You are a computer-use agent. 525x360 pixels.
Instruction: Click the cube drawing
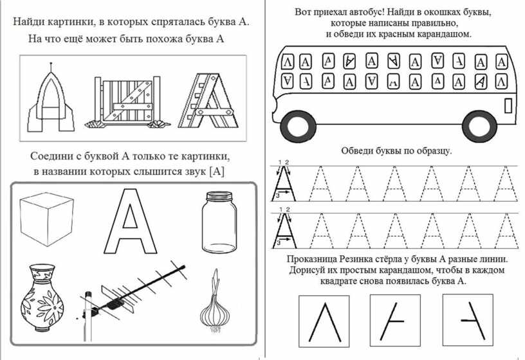[x=44, y=219]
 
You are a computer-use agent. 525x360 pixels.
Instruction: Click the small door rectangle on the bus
[x=508, y=104]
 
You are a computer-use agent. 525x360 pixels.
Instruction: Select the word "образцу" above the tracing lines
[x=432, y=150]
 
